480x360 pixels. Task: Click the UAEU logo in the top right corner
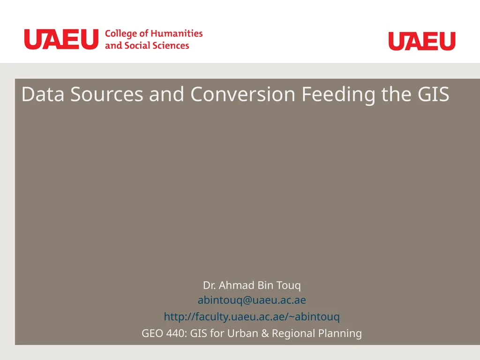click(x=422, y=41)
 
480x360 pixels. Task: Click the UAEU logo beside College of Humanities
click(x=61, y=39)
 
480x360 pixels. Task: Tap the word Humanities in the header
click(x=177, y=34)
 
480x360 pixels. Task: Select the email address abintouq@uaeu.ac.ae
click(x=252, y=300)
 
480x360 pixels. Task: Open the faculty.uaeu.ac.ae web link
click(x=252, y=317)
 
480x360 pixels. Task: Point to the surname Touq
click(x=289, y=285)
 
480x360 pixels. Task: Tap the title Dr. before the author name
click(x=210, y=285)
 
